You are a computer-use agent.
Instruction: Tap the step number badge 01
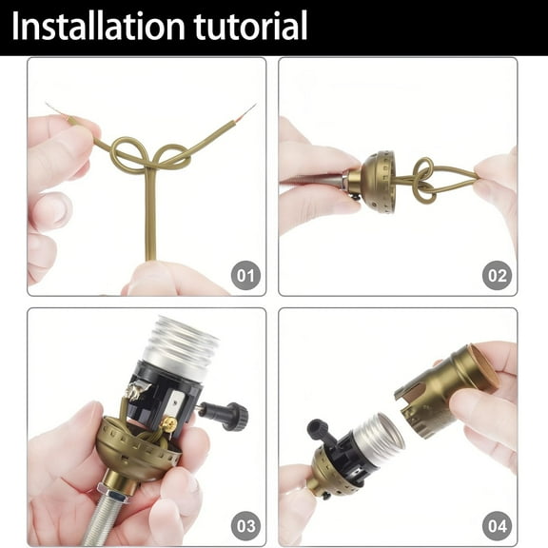(245, 277)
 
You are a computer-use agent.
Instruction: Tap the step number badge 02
(497, 277)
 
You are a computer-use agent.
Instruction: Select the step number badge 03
(245, 525)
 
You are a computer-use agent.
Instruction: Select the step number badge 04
(497, 525)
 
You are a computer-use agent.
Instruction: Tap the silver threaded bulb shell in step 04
(379, 440)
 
